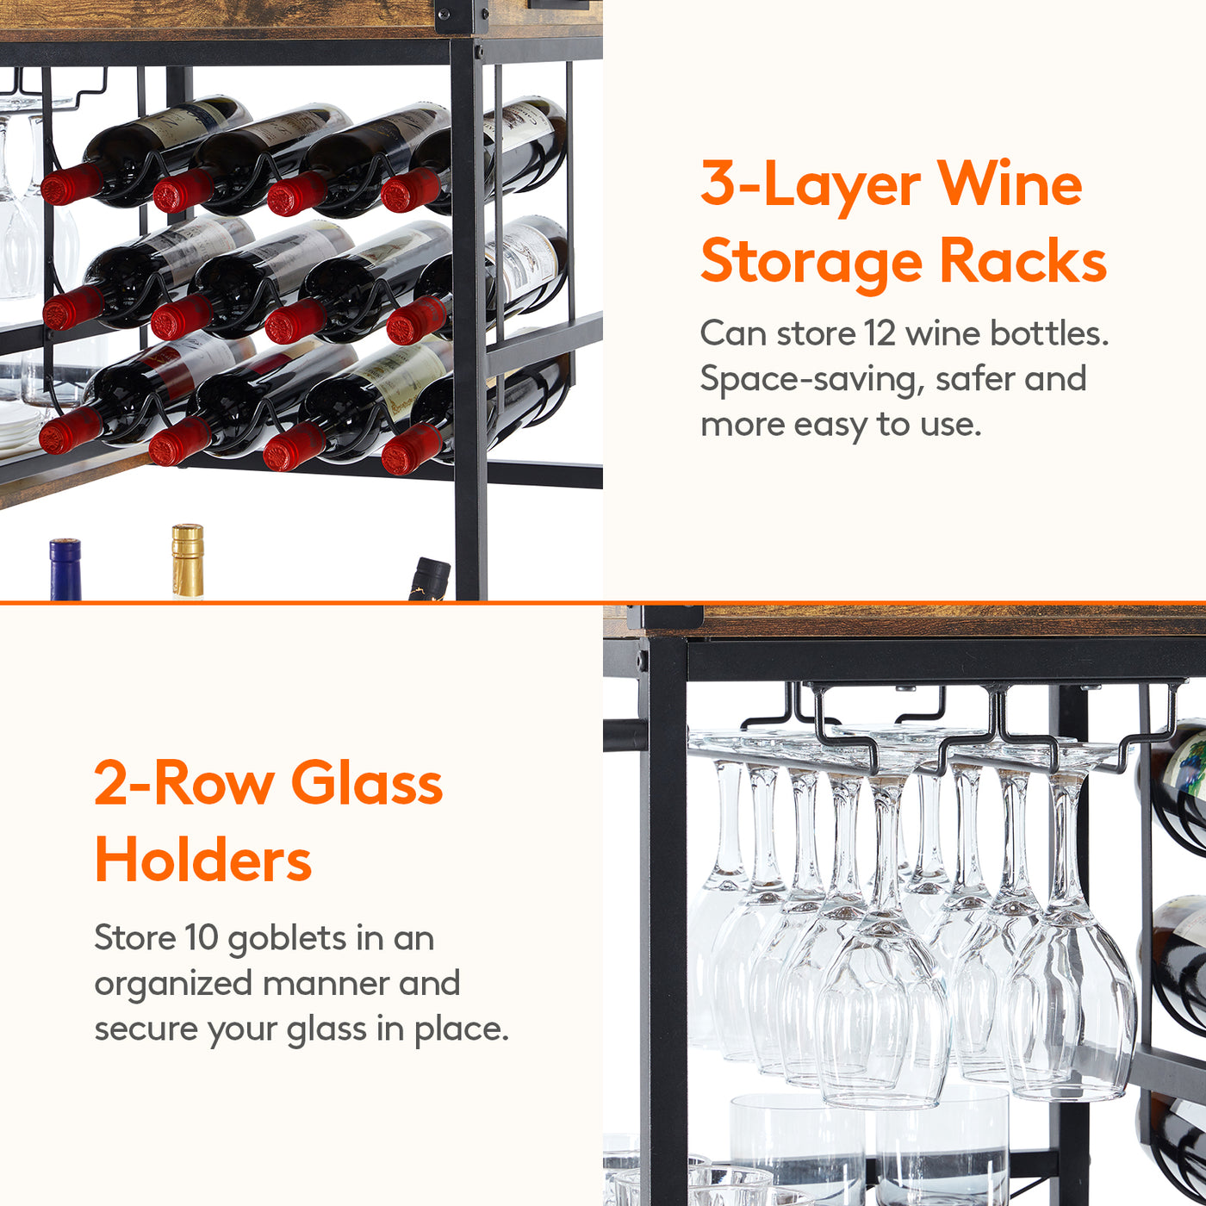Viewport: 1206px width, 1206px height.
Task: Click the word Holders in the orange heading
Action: click(x=202, y=861)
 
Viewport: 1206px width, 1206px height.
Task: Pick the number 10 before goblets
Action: click(x=201, y=937)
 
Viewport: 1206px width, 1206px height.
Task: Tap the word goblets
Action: click(x=287, y=939)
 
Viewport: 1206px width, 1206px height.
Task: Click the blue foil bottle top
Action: click(x=65, y=569)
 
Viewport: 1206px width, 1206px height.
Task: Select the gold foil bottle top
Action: click(x=188, y=561)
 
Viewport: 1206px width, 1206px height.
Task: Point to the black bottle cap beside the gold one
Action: click(x=429, y=578)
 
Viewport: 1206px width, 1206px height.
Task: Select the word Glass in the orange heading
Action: click(x=367, y=783)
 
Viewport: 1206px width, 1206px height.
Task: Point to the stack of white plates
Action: click(x=19, y=426)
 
